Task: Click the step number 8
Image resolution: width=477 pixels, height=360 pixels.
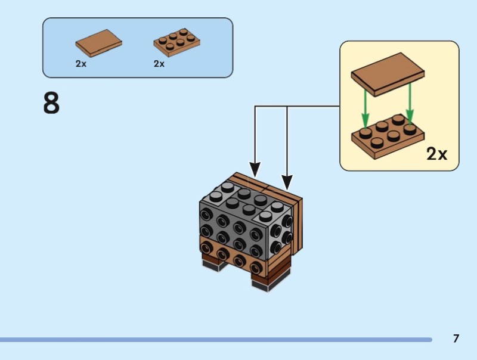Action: coord(51,103)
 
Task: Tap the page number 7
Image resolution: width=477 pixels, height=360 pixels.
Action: coord(456,339)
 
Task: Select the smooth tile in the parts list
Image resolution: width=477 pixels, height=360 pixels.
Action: coord(98,43)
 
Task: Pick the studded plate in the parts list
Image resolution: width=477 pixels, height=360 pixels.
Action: coord(176,42)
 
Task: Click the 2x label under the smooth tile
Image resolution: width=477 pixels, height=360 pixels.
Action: coord(81,64)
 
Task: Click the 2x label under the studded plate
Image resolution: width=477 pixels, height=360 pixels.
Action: coord(159,64)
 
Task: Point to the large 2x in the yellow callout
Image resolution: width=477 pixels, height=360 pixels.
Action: coord(436,154)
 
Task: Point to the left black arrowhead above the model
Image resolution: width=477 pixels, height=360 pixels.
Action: coord(255,170)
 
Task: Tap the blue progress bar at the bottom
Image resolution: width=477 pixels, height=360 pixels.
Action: coord(215,340)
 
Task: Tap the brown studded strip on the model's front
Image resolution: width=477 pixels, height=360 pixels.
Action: coord(230,253)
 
